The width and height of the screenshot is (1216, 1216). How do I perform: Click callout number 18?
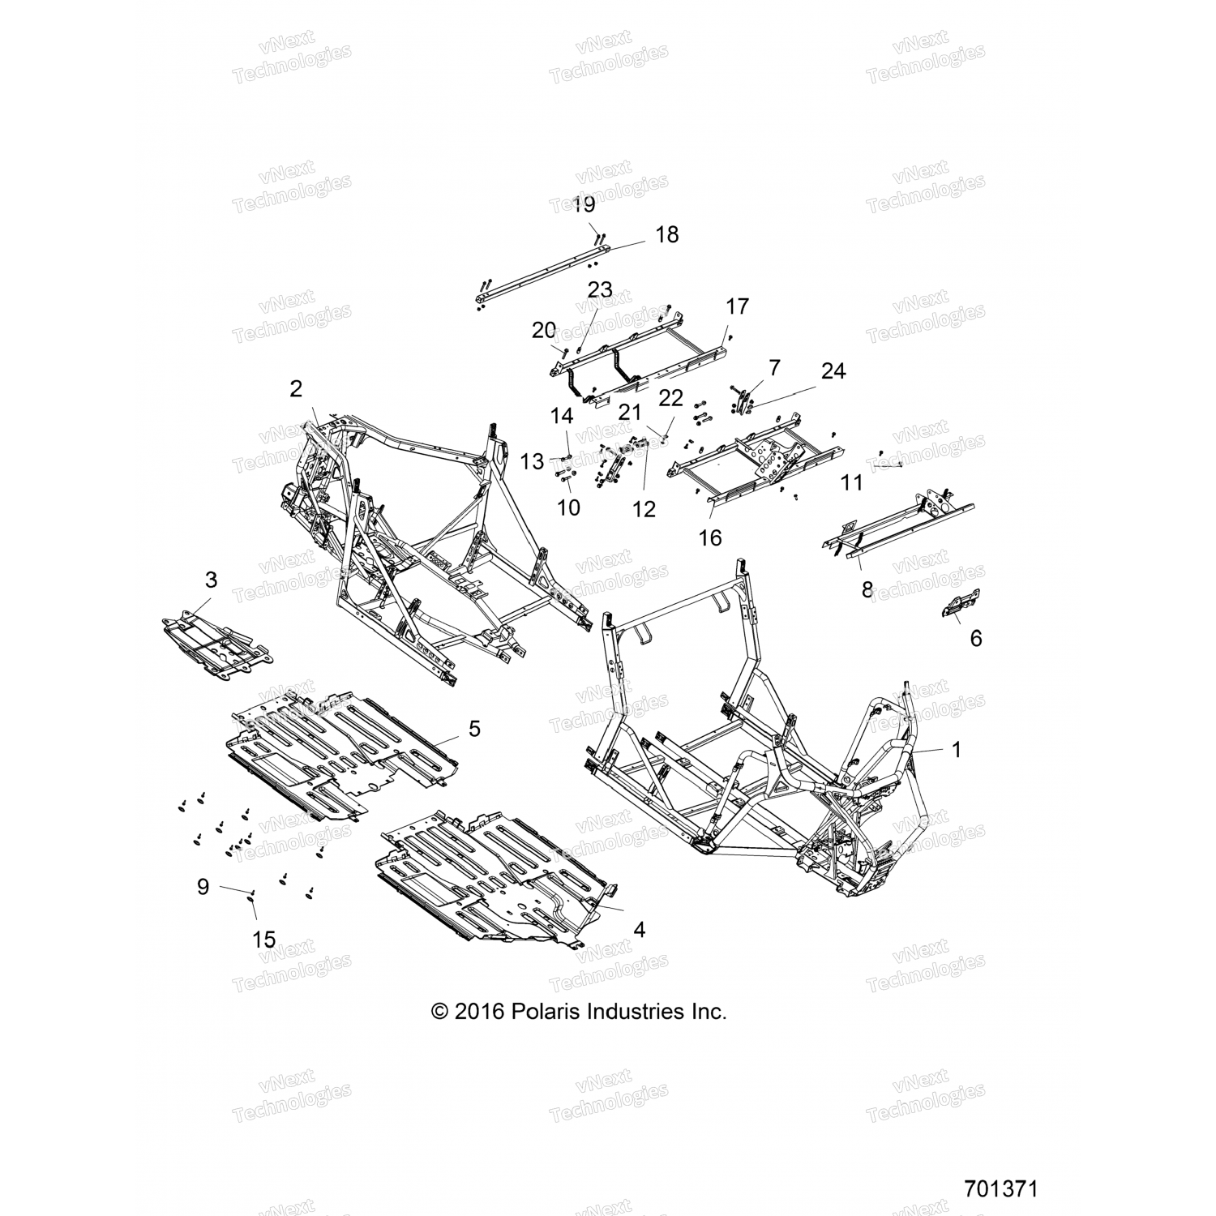click(x=666, y=235)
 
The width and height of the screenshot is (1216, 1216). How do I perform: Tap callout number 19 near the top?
click(x=584, y=204)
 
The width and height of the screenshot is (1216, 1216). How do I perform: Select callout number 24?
click(x=833, y=370)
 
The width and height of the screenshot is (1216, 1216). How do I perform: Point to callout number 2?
click(x=296, y=389)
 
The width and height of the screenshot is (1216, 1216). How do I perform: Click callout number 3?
click(x=211, y=580)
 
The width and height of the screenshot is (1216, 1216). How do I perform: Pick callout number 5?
click(x=474, y=729)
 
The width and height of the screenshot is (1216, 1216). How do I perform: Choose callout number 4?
click(x=639, y=930)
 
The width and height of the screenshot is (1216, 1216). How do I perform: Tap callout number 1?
click(x=956, y=750)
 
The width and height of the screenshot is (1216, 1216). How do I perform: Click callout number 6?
click(x=976, y=638)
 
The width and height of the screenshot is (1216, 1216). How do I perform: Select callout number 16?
click(x=710, y=537)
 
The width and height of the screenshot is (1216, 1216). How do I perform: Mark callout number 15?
click(x=264, y=940)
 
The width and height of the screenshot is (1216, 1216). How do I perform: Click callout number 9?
click(x=203, y=887)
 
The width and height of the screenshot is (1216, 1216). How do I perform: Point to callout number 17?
click(x=737, y=306)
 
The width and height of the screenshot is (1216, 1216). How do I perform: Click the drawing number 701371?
click(x=1000, y=1189)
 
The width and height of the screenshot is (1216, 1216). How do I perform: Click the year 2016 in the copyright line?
click(x=480, y=1012)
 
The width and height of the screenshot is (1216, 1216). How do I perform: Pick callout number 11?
click(x=851, y=483)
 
